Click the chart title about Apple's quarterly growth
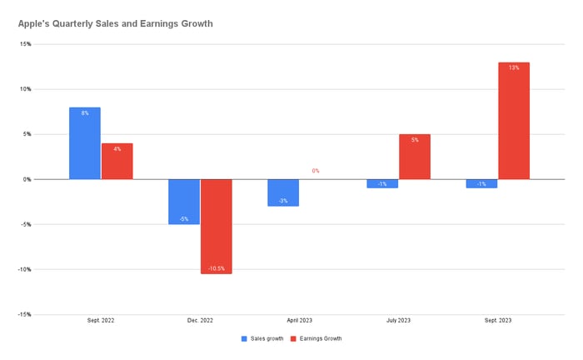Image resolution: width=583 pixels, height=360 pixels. pos(115,23)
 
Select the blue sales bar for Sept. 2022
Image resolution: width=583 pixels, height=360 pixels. pos(85,143)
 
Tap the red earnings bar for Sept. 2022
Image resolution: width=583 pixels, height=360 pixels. pos(117,161)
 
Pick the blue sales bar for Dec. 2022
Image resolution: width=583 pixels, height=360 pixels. pos(184,202)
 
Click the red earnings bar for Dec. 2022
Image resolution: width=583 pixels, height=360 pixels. pos(217,226)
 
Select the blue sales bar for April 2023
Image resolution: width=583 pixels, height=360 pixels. pos(282,192)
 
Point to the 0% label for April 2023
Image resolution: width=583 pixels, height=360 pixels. pos(316,171)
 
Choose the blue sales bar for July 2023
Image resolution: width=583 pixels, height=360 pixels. pos(381,183)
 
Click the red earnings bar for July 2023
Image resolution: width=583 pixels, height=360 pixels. pos(415,157)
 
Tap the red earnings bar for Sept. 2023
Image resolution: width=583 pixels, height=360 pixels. pos(514,121)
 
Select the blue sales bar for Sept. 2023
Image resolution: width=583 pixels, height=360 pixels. pos(481,183)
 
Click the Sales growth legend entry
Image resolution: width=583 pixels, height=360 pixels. pos(262,338)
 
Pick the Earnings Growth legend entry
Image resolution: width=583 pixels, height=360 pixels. pos(317,338)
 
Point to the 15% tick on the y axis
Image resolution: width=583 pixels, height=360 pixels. pos(26,44)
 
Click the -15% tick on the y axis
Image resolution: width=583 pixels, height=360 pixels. pos(25,314)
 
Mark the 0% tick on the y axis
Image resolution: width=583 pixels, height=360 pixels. pos(27,179)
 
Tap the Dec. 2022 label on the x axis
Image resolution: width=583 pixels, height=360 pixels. pos(200,321)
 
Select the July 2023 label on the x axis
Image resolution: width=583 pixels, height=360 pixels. pos(398,321)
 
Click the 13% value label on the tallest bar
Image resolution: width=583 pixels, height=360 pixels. pos(514,67)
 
